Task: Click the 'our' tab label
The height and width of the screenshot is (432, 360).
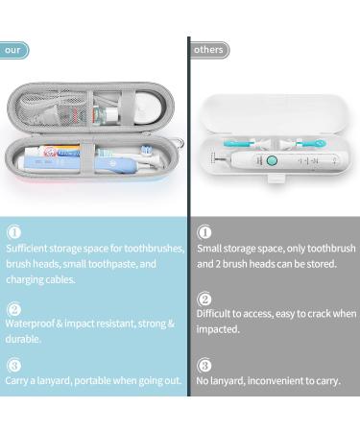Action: coord(12,49)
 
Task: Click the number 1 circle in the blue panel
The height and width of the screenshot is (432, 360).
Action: coord(13,231)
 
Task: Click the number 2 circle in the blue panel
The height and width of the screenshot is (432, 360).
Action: coord(13,309)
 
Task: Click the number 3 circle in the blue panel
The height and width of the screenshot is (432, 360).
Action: coord(13,365)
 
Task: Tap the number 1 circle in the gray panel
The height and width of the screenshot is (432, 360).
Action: coord(204,231)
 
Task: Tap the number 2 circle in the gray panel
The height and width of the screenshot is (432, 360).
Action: coord(204,299)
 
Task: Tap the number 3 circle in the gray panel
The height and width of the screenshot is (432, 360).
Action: coord(204,365)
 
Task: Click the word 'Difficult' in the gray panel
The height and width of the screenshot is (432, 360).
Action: coord(216,313)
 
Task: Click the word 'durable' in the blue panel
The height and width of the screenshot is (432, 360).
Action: coord(23,339)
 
